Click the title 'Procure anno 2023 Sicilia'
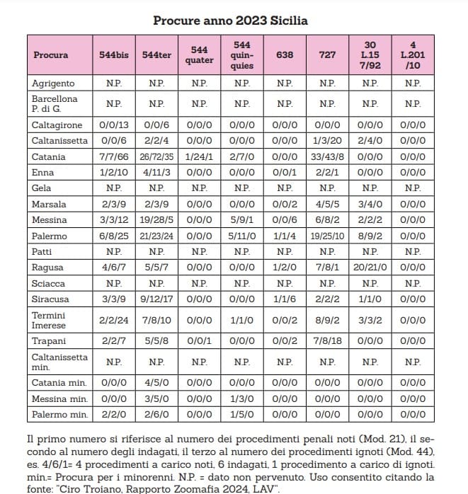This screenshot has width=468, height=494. point(230,21)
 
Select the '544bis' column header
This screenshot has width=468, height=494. point(114,54)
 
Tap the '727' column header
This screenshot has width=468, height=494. point(327,54)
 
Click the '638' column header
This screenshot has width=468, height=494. point(285,54)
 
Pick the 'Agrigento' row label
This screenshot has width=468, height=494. point(53,84)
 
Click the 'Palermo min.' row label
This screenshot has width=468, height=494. point(60,415)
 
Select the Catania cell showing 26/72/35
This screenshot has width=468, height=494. point(156,156)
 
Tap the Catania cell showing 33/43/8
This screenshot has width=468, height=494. point(327,156)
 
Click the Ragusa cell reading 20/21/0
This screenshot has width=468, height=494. point(370,268)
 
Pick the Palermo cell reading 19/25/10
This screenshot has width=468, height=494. point(327,236)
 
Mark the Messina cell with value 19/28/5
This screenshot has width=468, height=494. point(156,220)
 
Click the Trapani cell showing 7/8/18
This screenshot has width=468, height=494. point(327,341)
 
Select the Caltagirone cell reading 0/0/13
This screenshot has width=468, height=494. point(114,125)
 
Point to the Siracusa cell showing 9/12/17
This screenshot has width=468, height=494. point(156,299)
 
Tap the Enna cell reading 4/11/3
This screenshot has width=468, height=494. point(156,173)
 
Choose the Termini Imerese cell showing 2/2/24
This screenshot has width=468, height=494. point(114,320)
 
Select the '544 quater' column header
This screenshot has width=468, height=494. point(199,54)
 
